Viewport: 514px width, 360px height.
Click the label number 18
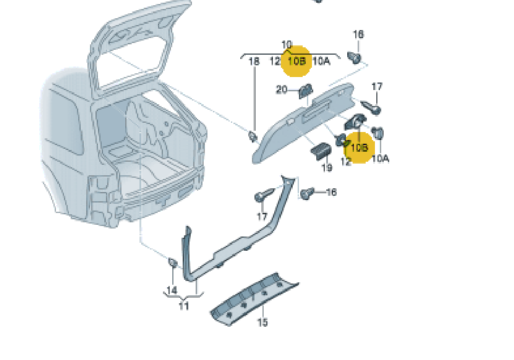(x=254, y=62)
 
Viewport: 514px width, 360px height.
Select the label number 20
(x=282, y=90)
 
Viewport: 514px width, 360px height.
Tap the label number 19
(x=327, y=168)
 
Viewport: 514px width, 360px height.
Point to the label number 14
(x=172, y=290)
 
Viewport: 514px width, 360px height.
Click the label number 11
(x=184, y=306)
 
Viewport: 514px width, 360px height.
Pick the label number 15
(x=262, y=322)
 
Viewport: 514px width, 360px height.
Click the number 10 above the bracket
(x=287, y=45)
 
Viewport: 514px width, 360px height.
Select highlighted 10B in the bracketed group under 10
(x=297, y=61)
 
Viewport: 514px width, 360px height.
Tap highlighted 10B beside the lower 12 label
(x=360, y=147)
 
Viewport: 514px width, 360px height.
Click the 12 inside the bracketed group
(x=275, y=62)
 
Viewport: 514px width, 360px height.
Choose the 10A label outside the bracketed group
(x=380, y=158)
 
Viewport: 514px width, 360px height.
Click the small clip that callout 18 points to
(x=253, y=136)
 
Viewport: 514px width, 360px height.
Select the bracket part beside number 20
(x=305, y=91)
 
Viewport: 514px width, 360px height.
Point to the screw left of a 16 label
(x=308, y=193)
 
